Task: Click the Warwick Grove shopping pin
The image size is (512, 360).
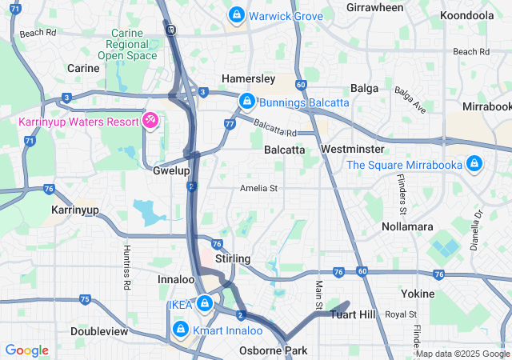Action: click(237, 15)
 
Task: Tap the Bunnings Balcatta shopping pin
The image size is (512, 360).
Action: click(247, 102)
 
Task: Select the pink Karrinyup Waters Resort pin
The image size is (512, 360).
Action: click(150, 120)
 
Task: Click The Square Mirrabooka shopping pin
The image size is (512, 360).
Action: click(474, 164)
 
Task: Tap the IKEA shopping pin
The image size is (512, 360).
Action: click(205, 303)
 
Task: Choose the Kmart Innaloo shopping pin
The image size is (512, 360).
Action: click(180, 330)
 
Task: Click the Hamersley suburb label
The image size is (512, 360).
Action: click(248, 79)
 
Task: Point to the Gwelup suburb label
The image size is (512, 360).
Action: click(171, 171)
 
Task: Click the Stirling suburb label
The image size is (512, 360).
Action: click(233, 259)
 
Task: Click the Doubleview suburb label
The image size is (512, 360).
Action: click(99, 331)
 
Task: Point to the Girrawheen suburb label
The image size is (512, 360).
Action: click(375, 7)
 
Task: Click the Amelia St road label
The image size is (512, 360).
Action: click(258, 189)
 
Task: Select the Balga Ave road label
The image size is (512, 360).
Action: click(410, 99)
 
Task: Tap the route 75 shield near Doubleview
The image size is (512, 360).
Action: click(85, 300)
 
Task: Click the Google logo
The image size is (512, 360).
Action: click(26, 350)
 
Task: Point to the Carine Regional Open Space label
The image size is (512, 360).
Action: click(127, 43)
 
